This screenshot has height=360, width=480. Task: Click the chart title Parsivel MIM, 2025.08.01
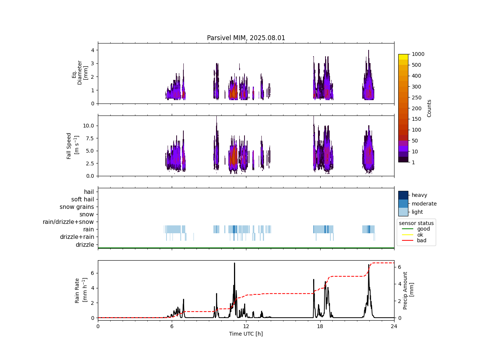coord(246,38)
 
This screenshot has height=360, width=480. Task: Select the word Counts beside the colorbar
coord(429,108)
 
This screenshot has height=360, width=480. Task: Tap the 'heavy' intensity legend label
coord(419,195)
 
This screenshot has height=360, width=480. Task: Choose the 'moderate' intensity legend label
coord(424,204)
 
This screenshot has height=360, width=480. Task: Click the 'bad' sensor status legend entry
coord(421,240)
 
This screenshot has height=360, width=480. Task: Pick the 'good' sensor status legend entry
coord(423,229)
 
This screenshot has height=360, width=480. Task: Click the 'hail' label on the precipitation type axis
coord(89,192)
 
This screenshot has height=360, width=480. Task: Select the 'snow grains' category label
coord(77,207)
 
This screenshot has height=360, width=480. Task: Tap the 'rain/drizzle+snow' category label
coord(68,222)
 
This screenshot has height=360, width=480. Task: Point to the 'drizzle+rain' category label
coord(77,237)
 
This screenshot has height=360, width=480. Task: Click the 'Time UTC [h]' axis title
coord(246,334)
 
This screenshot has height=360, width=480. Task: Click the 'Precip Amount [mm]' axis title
coord(408,291)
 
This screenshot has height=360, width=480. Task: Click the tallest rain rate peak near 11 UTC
coord(234,263)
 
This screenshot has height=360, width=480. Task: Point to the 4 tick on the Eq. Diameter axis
coord(92,50)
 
